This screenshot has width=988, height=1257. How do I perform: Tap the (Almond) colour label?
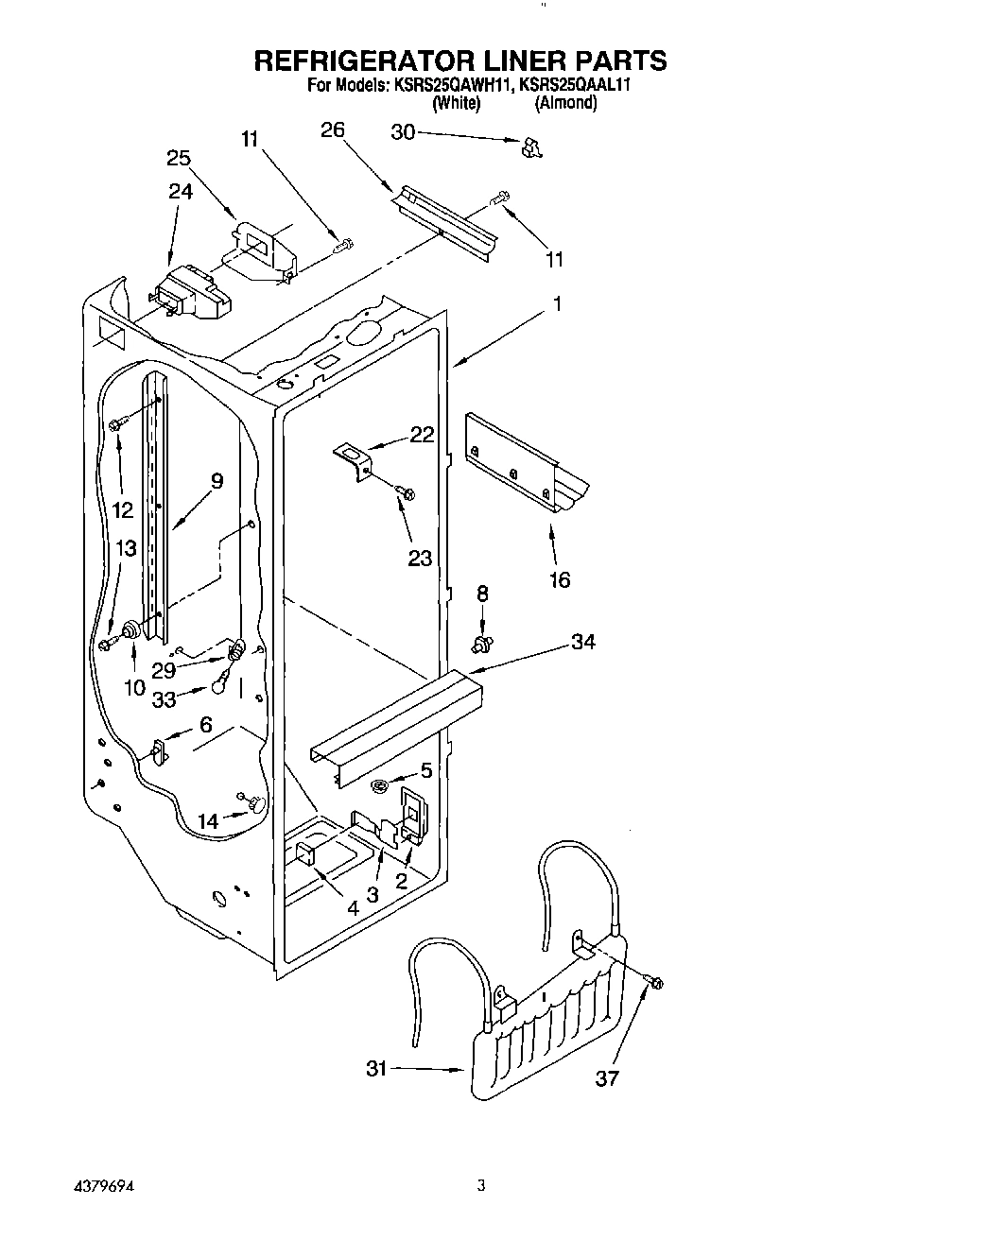pyautogui.click(x=565, y=104)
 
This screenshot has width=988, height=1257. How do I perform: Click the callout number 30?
pyautogui.click(x=403, y=132)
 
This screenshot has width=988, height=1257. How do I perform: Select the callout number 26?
pyautogui.click(x=333, y=130)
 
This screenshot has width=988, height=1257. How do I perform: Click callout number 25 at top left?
pyautogui.click(x=179, y=158)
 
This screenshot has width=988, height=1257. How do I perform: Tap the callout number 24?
pyautogui.click(x=181, y=191)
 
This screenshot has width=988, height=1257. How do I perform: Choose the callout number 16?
pyautogui.click(x=560, y=579)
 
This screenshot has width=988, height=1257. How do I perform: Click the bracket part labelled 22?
pyautogui.click(x=355, y=462)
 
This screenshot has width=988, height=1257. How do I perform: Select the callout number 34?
pyautogui.click(x=583, y=643)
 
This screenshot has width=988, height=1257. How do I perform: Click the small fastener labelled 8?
pyautogui.click(x=483, y=644)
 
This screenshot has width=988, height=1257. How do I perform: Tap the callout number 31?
pyautogui.click(x=377, y=1069)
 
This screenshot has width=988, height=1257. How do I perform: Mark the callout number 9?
pyautogui.click(x=217, y=481)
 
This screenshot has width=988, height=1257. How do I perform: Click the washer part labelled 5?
pyautogui.click(x=380, y=785)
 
